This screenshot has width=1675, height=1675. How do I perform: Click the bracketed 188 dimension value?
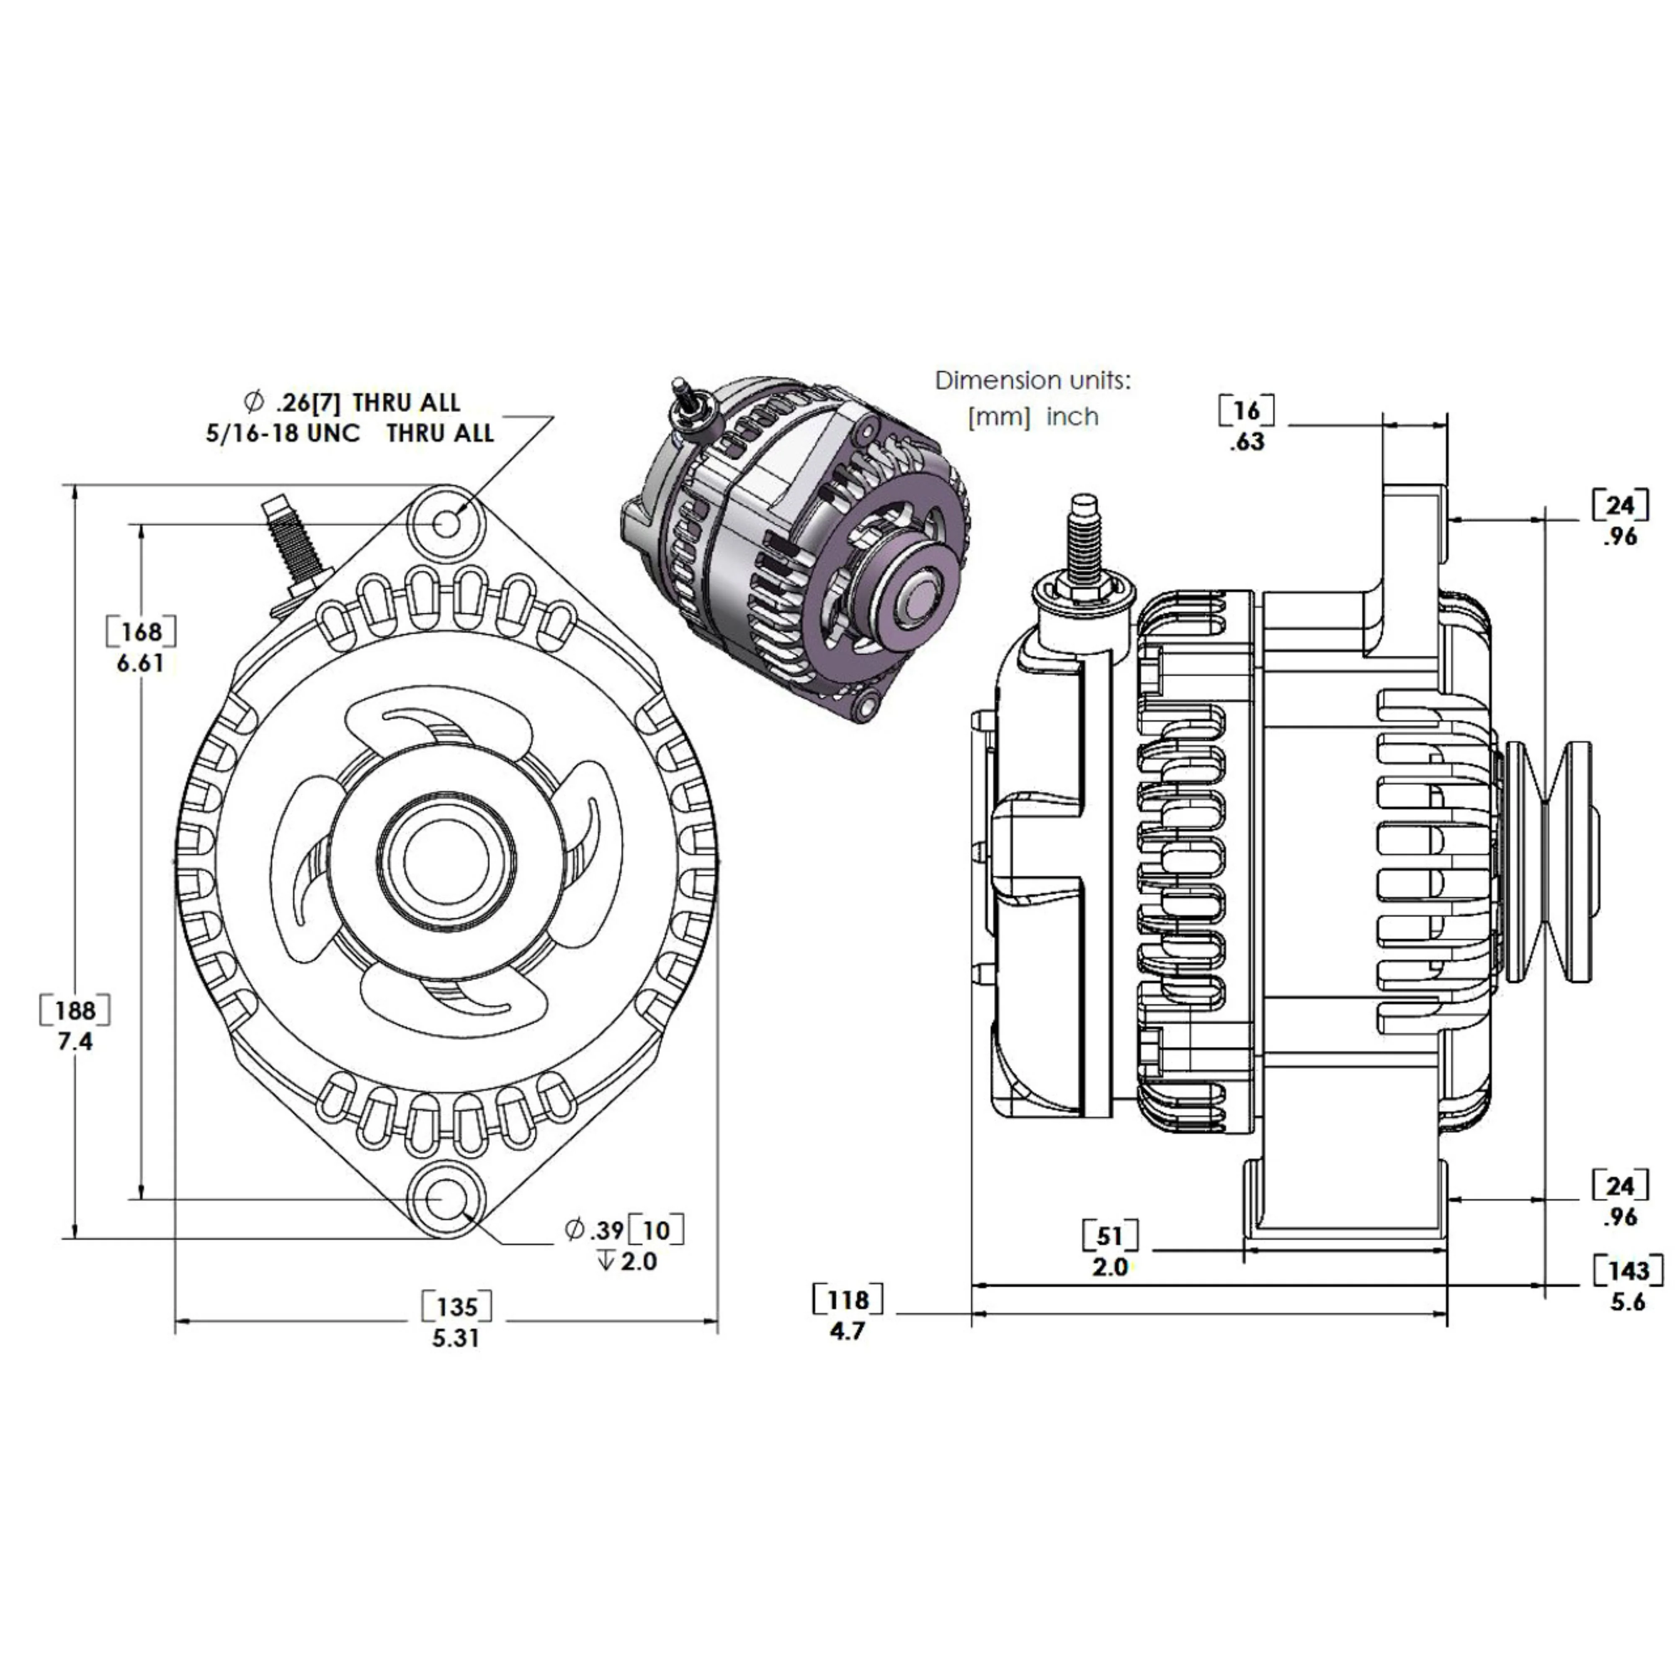pyautogui.click(x=75, y=1010)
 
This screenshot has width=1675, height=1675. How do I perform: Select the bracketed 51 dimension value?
pyautogui.click(x=1110, y=1235)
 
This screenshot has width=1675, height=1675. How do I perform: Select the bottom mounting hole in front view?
pyautogui.click(x=446, y=1199)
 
